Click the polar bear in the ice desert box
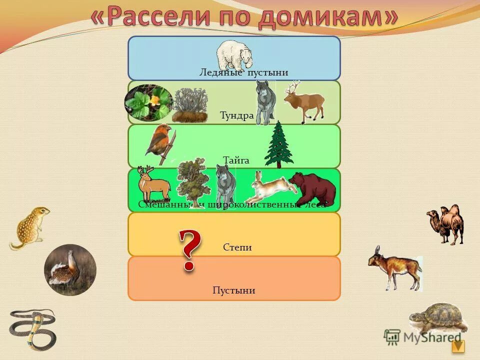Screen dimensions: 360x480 tap(234, 54)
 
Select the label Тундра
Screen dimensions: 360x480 tap(236, 115)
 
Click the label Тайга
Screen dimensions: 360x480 tap(236, 160)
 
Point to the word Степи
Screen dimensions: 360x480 tap(237, 247)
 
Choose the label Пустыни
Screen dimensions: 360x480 tap(233, 290)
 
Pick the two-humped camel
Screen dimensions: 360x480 tap(445, 223)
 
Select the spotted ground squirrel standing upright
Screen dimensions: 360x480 tap(30, 227)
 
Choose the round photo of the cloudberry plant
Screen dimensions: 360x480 tap(148, 102)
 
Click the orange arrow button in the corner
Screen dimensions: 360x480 tap(458, 346)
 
